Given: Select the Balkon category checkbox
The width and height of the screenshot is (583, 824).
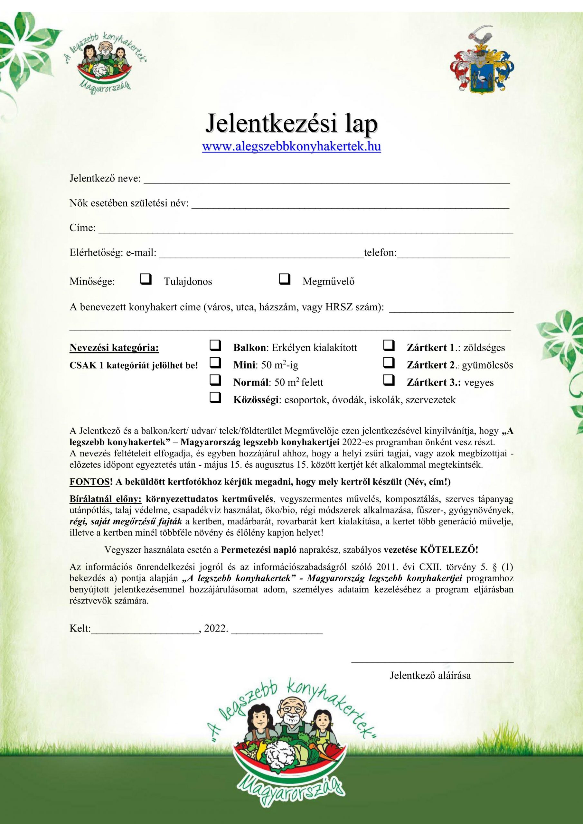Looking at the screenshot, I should [x=215, y=345].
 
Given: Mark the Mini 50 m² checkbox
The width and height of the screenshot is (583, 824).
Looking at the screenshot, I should [x=215, y=362].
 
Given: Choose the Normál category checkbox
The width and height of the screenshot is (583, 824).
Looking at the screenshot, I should [x=215, y=380].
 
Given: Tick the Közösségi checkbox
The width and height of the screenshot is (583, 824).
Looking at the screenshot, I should [x=215, y=397].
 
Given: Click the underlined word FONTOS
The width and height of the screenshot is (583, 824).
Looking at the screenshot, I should [x=89, y=482].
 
